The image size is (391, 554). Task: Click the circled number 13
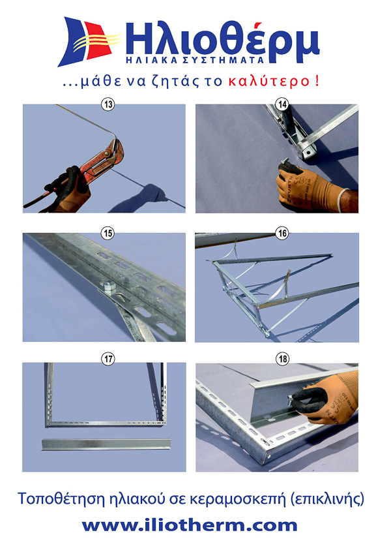pos(108,104)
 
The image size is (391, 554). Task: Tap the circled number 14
pos(282,104)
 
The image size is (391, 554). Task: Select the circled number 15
pos(108,234)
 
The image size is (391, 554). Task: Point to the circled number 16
pos(282,234)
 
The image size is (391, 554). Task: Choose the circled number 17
pos(108,360)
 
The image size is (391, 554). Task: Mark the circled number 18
pos(282,360)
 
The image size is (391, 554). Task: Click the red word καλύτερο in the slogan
pos(269,82)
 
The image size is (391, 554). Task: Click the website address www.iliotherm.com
pos(190,525)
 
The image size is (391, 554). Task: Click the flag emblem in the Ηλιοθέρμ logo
pos(88,41)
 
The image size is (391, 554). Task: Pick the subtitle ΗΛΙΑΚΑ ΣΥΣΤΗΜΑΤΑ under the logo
pos(195,60)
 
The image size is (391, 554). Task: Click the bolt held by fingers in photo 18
pos(290,400)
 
